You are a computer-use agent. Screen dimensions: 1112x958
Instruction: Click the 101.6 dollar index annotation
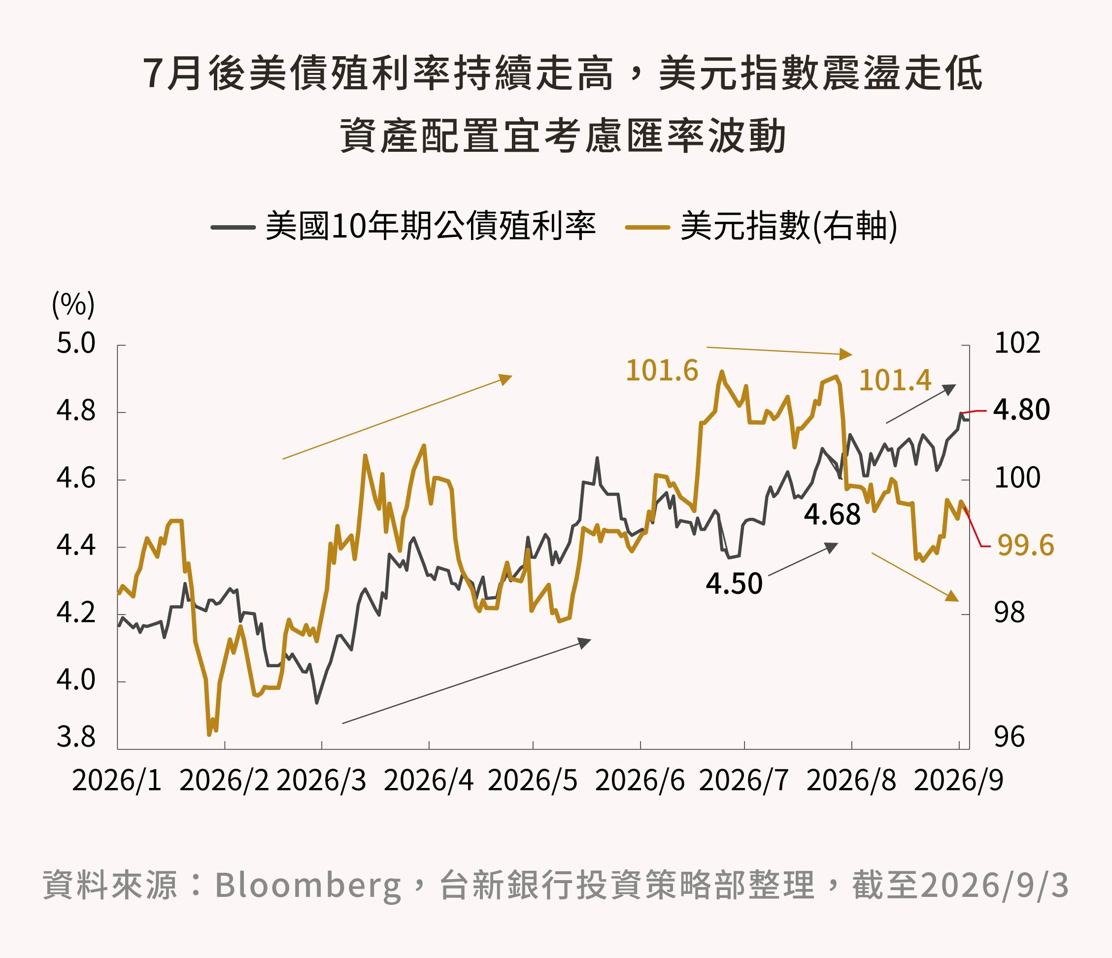coord(662,371)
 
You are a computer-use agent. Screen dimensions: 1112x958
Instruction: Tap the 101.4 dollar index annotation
coord(895,380)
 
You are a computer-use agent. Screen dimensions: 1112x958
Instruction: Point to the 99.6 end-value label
coord(1026,546)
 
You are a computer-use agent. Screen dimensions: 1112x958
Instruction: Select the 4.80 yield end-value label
coord(1021,410)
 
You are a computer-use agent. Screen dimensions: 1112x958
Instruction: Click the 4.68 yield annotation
coord(832,514)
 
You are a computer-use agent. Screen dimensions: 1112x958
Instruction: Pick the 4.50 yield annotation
coord(734,583)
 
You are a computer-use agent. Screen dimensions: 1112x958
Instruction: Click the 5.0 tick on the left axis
coord(76,343)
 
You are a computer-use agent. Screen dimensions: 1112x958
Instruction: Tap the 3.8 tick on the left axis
coord(76,737)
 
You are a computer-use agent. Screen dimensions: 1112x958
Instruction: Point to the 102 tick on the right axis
coord(1017,343)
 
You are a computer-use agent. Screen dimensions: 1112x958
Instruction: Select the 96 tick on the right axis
coord(1009,737)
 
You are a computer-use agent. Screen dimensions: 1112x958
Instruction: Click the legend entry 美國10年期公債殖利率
coord(403,226)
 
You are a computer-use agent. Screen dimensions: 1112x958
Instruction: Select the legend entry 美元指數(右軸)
coord(762,226)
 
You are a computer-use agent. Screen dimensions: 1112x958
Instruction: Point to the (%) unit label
coord(73,305)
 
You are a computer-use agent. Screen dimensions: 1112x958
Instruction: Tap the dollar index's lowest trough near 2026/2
coord(209,734)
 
